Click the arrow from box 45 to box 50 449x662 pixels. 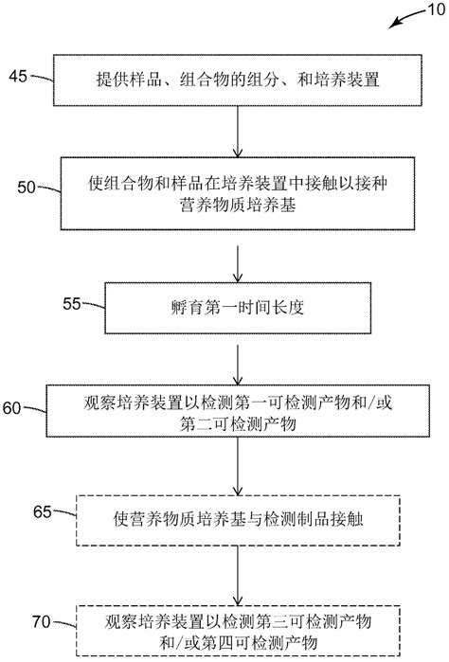click(x=235, y=133)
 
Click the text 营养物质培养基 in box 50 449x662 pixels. click(x=235, y=203)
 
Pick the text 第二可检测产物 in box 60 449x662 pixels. click(x=235, y=427)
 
